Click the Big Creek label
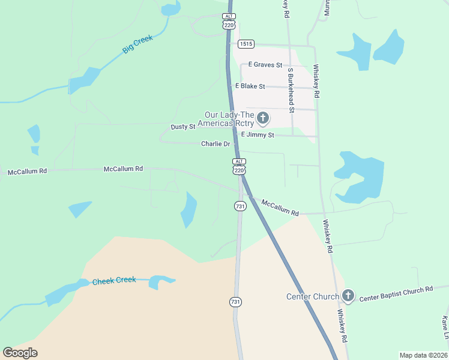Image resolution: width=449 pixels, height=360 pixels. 138,44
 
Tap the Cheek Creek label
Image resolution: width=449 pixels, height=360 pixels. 114,280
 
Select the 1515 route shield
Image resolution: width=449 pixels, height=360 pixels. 246,44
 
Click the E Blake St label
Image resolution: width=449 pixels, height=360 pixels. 250,86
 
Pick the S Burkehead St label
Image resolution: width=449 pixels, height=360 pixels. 291,90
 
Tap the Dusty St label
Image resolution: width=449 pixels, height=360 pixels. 183,127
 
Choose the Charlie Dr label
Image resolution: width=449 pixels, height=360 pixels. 215,144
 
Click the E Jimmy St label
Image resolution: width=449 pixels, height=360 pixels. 258,135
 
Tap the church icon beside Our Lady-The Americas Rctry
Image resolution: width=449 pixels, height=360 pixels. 263,118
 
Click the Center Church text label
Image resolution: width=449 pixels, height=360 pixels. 312,296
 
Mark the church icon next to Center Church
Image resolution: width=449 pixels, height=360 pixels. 348,295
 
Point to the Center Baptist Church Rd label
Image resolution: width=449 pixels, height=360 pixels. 396,293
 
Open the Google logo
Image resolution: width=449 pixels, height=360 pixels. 20,353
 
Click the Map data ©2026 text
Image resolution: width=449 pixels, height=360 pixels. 423,355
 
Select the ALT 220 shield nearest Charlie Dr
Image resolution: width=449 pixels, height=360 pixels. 239,166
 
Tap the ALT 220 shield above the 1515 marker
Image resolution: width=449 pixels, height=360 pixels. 228,20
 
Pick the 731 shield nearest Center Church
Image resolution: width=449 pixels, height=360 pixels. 235,302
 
